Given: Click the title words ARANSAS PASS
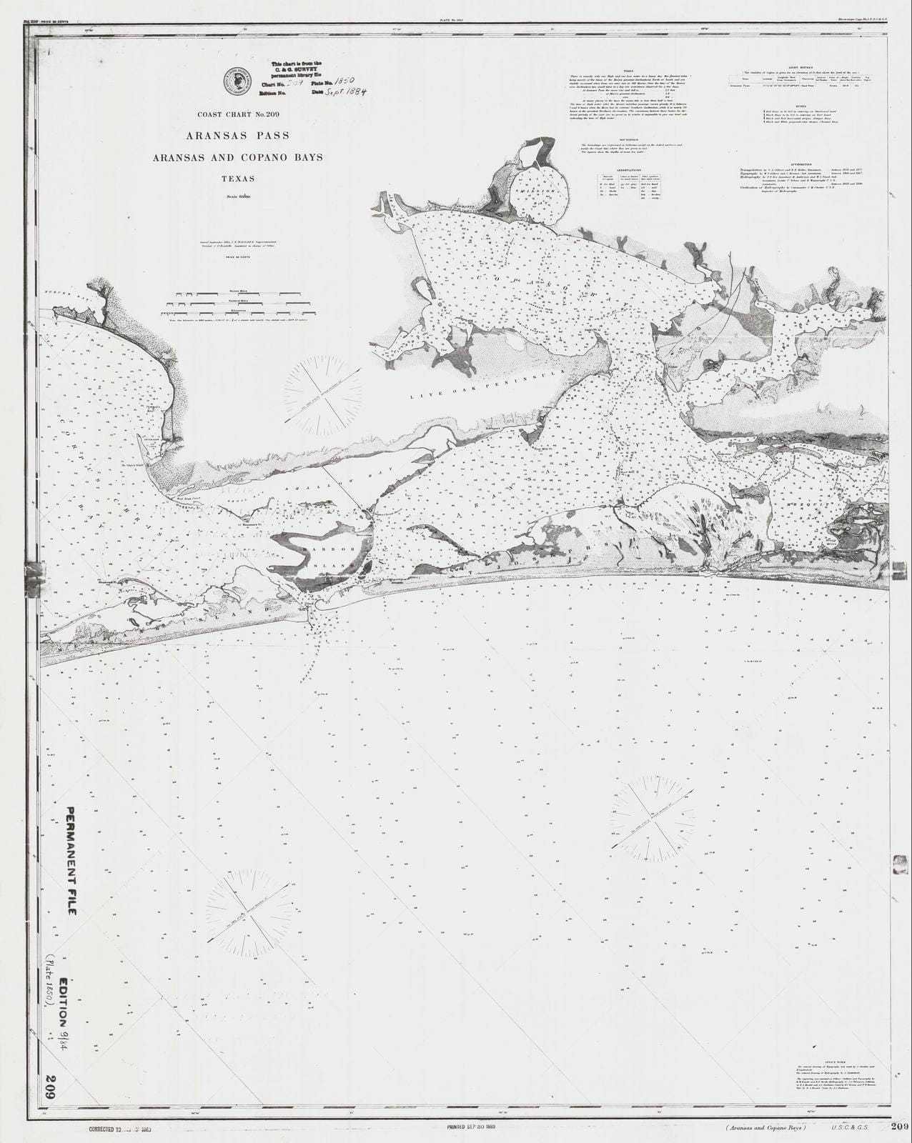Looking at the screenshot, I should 237,135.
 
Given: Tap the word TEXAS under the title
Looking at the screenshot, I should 237,179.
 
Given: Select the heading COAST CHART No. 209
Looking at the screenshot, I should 237,114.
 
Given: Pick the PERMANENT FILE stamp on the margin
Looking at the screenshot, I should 72,872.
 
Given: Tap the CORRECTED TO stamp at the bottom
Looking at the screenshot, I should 120,1129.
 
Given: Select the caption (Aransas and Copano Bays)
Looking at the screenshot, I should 765,1128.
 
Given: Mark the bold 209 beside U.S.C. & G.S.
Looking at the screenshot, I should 899,1127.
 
